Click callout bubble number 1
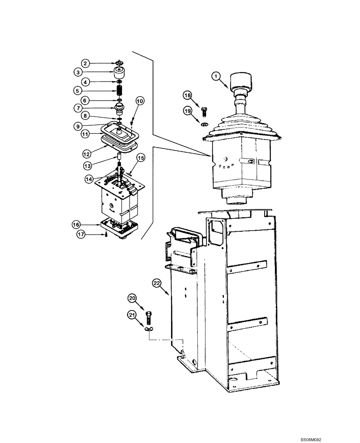216,77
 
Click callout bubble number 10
139,101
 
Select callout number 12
87,154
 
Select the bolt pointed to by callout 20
149,317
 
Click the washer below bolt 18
205,124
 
